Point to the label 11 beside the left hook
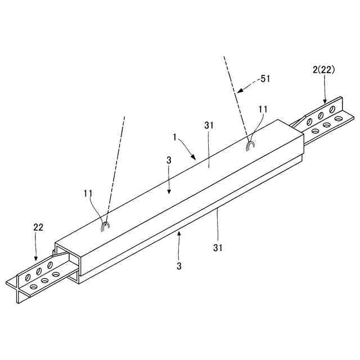(88, 193)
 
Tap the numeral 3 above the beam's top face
(169, 161)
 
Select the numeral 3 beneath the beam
(179, 266)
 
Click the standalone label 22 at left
(38, 227)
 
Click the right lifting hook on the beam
(251, 146)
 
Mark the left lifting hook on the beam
(105, 226)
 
